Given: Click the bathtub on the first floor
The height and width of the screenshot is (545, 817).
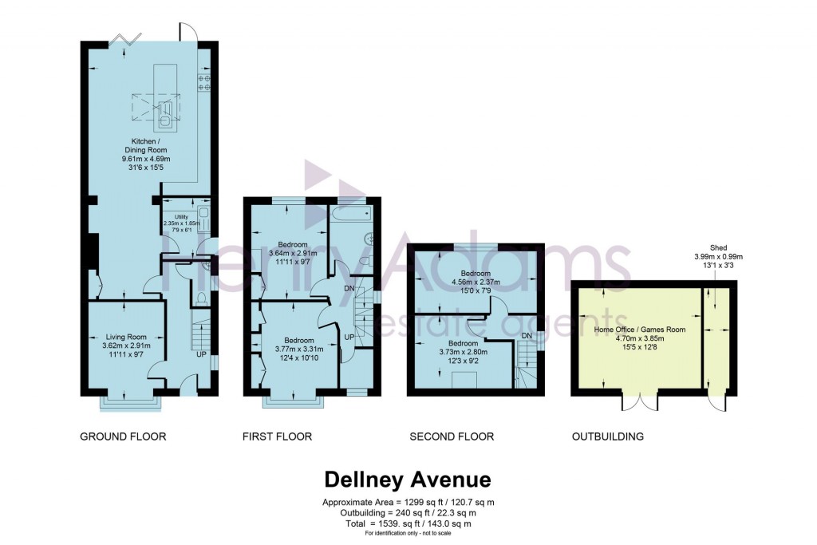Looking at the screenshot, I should coord(350,213).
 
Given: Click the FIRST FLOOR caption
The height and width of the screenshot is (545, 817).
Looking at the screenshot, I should coord(277,436).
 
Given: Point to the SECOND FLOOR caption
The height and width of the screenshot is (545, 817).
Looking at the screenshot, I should coord(451,436).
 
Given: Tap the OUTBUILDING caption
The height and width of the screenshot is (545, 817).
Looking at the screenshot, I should coord(607,436).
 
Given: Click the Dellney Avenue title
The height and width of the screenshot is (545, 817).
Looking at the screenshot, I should coord(407,480).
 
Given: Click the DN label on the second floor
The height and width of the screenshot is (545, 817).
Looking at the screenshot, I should coord(526,336).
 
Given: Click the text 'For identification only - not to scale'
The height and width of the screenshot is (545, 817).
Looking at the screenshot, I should coord(407,532).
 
